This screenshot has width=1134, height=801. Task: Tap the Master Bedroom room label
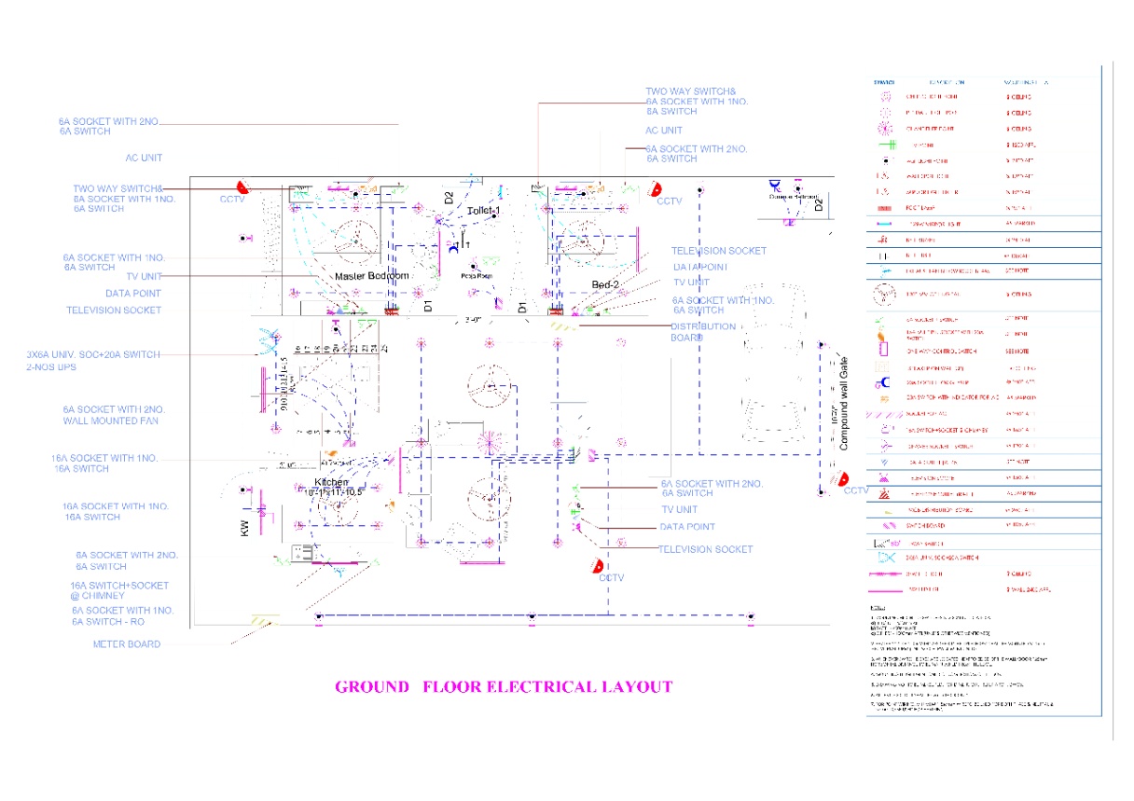(372, 276)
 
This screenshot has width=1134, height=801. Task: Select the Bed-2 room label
(605, 284)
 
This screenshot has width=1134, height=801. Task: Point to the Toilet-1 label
(484, 212)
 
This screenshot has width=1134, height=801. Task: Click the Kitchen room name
(331, 482)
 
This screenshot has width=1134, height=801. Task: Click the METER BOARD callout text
(127, 644)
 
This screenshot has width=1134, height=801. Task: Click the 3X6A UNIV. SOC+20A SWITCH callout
(93, 354)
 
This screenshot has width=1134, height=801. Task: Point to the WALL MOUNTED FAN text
(110, 421)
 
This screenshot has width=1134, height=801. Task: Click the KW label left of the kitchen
(245, 529)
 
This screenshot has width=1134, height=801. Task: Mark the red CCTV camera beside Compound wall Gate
(841, 478)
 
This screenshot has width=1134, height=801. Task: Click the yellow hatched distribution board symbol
(563, 326)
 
